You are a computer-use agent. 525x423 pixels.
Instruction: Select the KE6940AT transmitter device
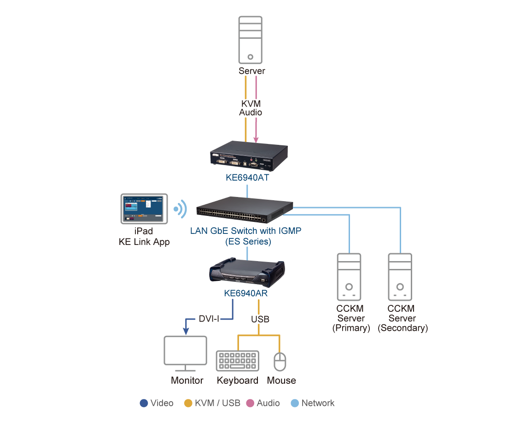coord(249,157)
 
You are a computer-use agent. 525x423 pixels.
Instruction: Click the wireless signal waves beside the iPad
coord(180,209)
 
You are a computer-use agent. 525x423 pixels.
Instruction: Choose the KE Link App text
coord(144,242)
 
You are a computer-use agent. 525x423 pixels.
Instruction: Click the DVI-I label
coord(209,319)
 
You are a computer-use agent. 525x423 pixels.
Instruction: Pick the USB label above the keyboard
coord(260,319)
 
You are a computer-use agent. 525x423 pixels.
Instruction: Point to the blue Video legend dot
coord(144,403)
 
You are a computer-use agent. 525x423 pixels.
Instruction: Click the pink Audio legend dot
coord(251,403)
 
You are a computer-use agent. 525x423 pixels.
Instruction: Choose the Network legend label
coord(318,403)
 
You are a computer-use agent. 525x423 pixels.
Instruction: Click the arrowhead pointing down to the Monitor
coord(186,331)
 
